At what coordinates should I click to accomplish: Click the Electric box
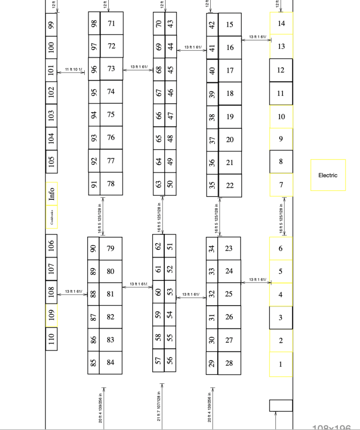point(328,175)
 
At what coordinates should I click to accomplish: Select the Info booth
point(52,194)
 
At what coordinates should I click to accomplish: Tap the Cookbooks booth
point(52,217)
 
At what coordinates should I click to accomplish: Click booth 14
point(281,23)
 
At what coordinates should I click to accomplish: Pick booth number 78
point(111,184)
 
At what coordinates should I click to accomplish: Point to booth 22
point(230,185)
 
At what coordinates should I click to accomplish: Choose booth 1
point(281,364)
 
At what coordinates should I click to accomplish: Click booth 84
point(110,362)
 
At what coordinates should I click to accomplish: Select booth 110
point(52,338)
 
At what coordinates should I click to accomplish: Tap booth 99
point(52,25)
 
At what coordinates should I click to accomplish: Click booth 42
point(212,25)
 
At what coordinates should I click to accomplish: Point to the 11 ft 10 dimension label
point(74,69)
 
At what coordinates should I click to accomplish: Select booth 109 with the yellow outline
point(52,315)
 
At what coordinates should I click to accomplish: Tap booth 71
point(111,23)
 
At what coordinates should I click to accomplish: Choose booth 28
point(229,363)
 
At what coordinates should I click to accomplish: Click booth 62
point(158,246)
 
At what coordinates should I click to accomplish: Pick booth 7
point(281,185)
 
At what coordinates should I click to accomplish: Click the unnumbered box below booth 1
point(281,405)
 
